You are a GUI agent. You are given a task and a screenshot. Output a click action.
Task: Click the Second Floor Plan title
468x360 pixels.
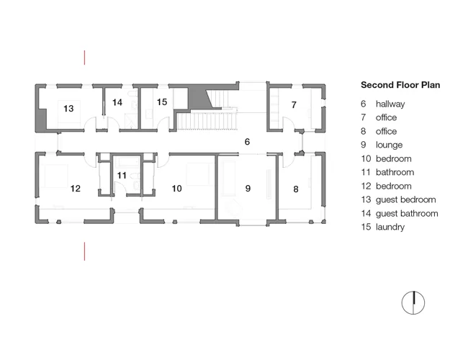coord(400,85)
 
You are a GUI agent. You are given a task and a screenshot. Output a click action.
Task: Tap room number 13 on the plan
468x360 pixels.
coord(68,108)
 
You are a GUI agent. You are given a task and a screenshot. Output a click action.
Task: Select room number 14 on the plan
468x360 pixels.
coord(117,102)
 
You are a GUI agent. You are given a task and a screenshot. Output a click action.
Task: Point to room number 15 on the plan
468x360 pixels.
coord(162,102)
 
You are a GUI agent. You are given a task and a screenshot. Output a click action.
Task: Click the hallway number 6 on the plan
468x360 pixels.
coord(247,142)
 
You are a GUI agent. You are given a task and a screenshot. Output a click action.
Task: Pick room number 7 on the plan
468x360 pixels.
coord(294,105)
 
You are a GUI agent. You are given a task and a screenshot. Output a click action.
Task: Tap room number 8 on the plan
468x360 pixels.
coord(296,189)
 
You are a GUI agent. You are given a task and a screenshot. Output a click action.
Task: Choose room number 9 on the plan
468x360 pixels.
coord(248,189)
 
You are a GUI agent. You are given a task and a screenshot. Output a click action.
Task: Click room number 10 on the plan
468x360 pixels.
coord(176,189)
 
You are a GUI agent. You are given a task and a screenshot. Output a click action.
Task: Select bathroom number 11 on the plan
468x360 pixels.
coord(122,175)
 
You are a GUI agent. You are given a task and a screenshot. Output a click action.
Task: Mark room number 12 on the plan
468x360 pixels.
coord(76,189)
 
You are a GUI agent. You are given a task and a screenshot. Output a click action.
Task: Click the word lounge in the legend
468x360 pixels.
coord(390,145)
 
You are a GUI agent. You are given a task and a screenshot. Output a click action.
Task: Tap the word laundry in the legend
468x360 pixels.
coord(390,228)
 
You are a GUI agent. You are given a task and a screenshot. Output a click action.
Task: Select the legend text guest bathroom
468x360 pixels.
coord(407,214)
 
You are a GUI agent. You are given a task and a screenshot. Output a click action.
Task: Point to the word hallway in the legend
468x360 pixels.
coord(390,104)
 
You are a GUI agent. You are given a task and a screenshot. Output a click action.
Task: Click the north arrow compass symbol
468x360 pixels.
coord(413,302)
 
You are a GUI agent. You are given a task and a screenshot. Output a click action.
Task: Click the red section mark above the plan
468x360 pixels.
coord(85,58)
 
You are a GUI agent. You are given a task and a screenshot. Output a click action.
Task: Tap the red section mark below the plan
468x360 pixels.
coord(85,251)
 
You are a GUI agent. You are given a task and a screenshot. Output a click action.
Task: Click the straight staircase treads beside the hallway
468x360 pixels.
coord(207,121)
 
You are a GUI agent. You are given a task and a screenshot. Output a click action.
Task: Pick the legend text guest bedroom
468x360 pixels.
coord(405,200)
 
